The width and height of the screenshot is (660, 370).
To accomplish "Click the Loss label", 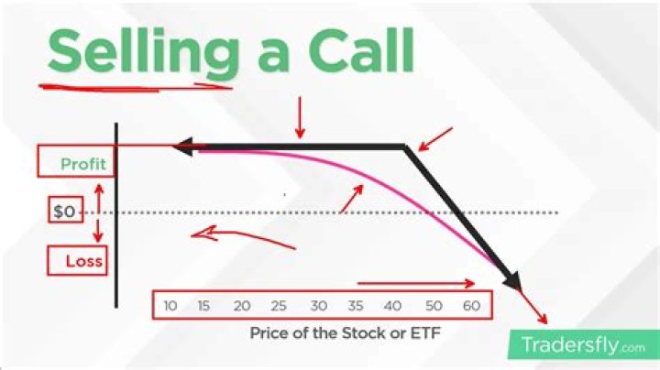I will pos(83,261).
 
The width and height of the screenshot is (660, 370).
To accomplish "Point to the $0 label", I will pos(64,212).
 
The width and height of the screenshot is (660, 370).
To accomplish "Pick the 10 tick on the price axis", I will pos(170,305).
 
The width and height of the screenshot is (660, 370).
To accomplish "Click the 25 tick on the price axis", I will pos(280,305).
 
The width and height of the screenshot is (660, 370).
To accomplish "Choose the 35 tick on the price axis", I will pos(356,305).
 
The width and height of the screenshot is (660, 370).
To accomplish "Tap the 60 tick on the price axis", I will pos(469,305).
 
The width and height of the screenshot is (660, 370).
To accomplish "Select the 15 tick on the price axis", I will pos(205,305).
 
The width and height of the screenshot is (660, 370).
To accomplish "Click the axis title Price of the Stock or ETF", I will pos(345,333).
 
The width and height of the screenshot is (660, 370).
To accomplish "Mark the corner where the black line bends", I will pos(404,147).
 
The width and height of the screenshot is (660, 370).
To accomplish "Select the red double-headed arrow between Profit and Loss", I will pos(98,212).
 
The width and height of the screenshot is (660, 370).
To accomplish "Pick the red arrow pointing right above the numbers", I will pos(417,283).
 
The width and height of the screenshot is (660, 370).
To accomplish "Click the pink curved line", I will pos(367,180).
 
